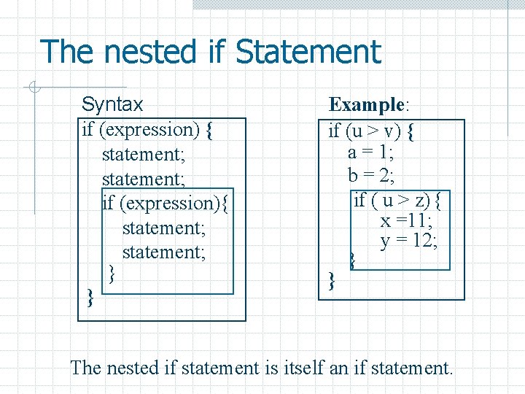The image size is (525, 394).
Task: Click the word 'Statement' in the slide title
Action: [x=308, y=53]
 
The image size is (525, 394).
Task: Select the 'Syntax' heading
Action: [x=112, y=104]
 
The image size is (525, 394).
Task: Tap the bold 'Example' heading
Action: [x=366, y=105]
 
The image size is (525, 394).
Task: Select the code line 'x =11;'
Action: [x=405, y=221]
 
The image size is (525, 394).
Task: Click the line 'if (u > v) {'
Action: [x=371, y=131]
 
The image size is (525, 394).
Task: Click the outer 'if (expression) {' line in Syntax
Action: [x=147, y=130]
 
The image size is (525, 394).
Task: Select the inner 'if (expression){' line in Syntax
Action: [x=166, y=203]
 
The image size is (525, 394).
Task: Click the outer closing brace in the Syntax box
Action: [x=90, y=296]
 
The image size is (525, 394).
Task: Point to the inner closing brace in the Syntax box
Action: [x=112, y=274]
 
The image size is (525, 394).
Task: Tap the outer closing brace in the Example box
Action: [x=332, y=279]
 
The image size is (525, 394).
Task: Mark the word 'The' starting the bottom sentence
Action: [x=86, y=368]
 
